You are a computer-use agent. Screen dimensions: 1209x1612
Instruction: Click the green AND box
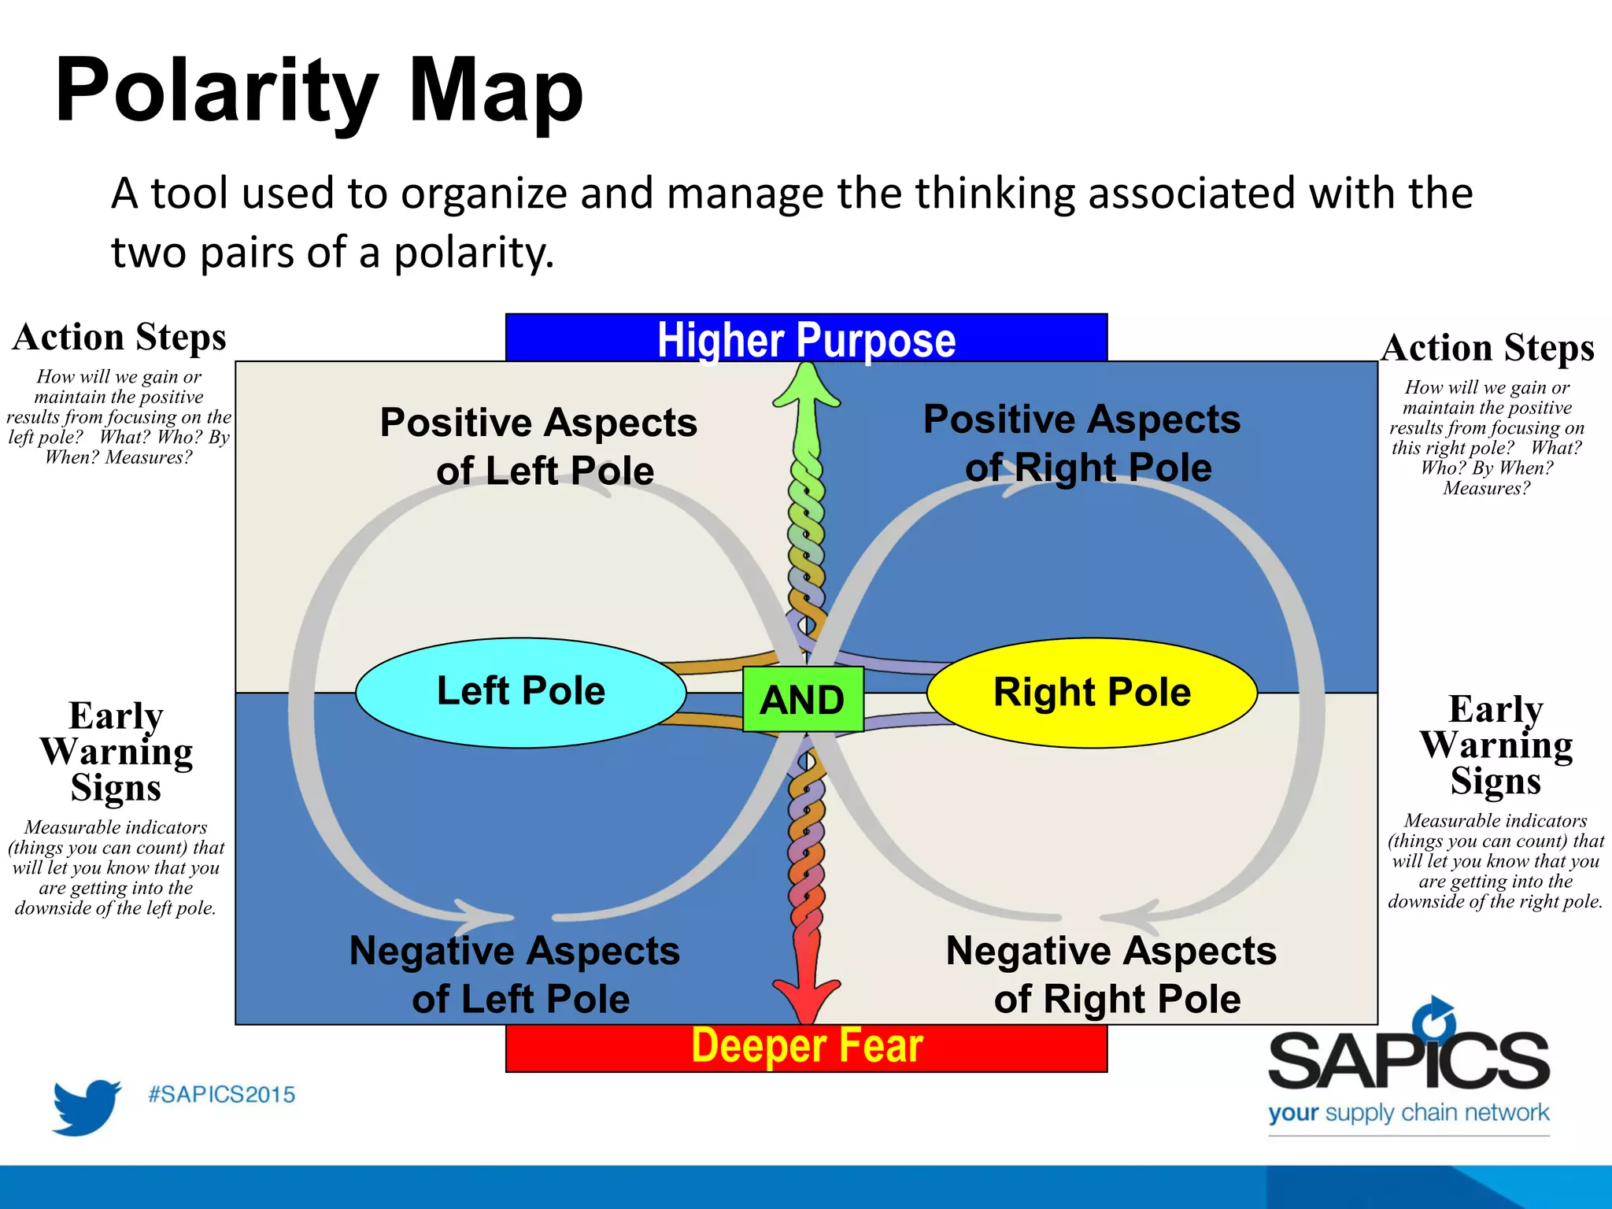click(803, 699)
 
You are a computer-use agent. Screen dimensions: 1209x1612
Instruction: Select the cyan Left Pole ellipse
click(520, 692)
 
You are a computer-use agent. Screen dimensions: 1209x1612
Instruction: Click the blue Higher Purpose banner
click(806, 338)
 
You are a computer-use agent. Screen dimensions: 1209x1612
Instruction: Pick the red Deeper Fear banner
click(806, 1048)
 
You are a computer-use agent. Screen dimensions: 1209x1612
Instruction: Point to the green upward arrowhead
click(806, 385)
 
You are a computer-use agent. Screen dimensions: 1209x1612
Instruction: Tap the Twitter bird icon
click(86, 1107)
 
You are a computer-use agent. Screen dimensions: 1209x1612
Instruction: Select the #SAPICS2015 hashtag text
click(222, 1095)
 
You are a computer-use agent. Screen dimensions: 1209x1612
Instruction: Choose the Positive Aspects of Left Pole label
click(540, 446)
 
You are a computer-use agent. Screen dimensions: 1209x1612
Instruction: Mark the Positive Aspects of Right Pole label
click(1083, 443)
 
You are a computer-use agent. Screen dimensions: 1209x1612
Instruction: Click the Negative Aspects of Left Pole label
click(516, 974)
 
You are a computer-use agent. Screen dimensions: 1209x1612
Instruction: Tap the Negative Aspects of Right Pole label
click(1111, 974)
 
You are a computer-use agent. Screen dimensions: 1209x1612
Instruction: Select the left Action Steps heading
click(120, 337)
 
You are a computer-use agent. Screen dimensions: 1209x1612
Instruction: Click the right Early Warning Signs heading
click(1496, 745)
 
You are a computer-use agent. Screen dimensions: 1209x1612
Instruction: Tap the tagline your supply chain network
click(1408, 1113)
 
